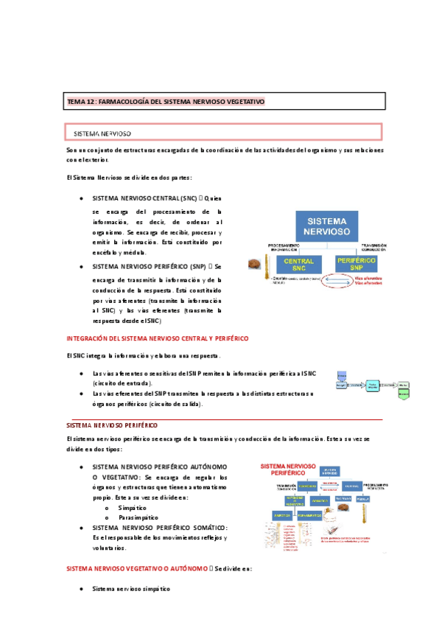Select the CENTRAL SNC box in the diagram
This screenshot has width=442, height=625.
coord(298,264)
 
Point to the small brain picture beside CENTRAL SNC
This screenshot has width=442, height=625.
coord(255,264)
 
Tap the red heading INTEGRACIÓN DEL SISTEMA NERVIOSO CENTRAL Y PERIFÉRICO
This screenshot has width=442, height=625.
coord(157,338)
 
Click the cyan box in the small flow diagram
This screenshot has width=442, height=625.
coord(373,385)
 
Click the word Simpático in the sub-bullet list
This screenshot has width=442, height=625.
coord(132,508)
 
